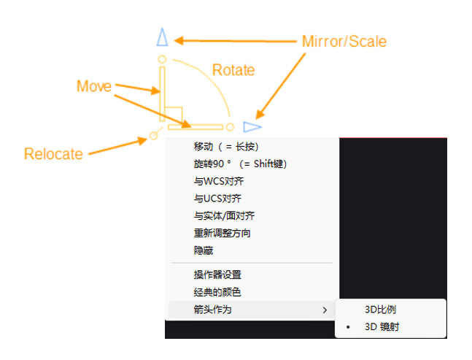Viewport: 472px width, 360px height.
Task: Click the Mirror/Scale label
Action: point(344,42)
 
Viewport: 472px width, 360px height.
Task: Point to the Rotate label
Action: point(233,70)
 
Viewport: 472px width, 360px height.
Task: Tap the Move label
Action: point(94,86)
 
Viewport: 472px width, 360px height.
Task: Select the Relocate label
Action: point(53,154)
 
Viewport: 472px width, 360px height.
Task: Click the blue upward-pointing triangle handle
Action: point(162,37)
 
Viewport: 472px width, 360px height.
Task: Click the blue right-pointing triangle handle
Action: point(252,127)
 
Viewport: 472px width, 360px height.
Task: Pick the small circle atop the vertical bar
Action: point(162,59)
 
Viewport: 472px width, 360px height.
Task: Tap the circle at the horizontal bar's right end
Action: point(230,127)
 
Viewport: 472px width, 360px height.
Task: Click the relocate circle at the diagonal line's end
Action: point(153,136)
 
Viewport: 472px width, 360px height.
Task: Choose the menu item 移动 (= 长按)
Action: point(226,147)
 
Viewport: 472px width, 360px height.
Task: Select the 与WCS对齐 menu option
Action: point(219,181)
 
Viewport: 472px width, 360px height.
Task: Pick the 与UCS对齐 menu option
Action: point(217,199)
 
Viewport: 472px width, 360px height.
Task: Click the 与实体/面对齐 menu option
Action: point(224,215)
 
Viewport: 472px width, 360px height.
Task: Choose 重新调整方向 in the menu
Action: point(223,233)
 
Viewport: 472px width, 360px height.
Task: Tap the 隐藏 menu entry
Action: point(204,250)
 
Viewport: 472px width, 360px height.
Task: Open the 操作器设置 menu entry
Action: point(217,275)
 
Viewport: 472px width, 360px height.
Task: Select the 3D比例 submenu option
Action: point(381,310)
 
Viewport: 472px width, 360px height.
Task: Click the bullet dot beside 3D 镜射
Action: point(348,327)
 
